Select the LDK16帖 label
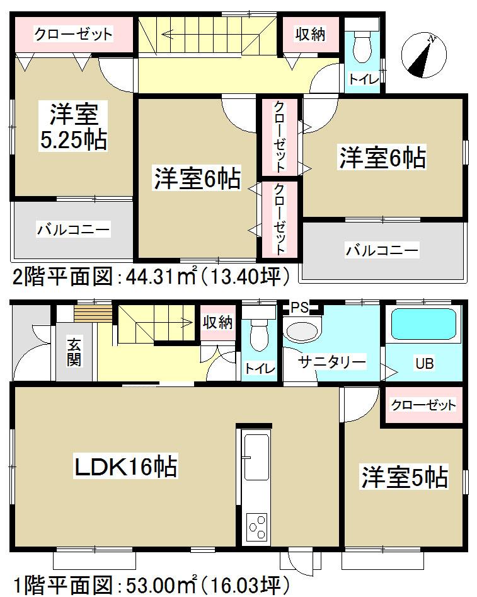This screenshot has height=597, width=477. [125, 468]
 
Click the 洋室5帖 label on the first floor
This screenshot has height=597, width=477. [404, 477]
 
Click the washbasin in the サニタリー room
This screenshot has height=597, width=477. [302, 332]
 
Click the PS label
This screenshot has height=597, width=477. [299, 308]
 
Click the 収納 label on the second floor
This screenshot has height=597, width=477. [310, 34]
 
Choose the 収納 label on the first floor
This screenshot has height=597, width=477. [217, 322]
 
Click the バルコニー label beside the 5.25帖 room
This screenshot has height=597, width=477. [72, 229]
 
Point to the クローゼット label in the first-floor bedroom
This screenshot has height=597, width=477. [423, 405]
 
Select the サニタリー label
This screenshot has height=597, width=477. [332, 362]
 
